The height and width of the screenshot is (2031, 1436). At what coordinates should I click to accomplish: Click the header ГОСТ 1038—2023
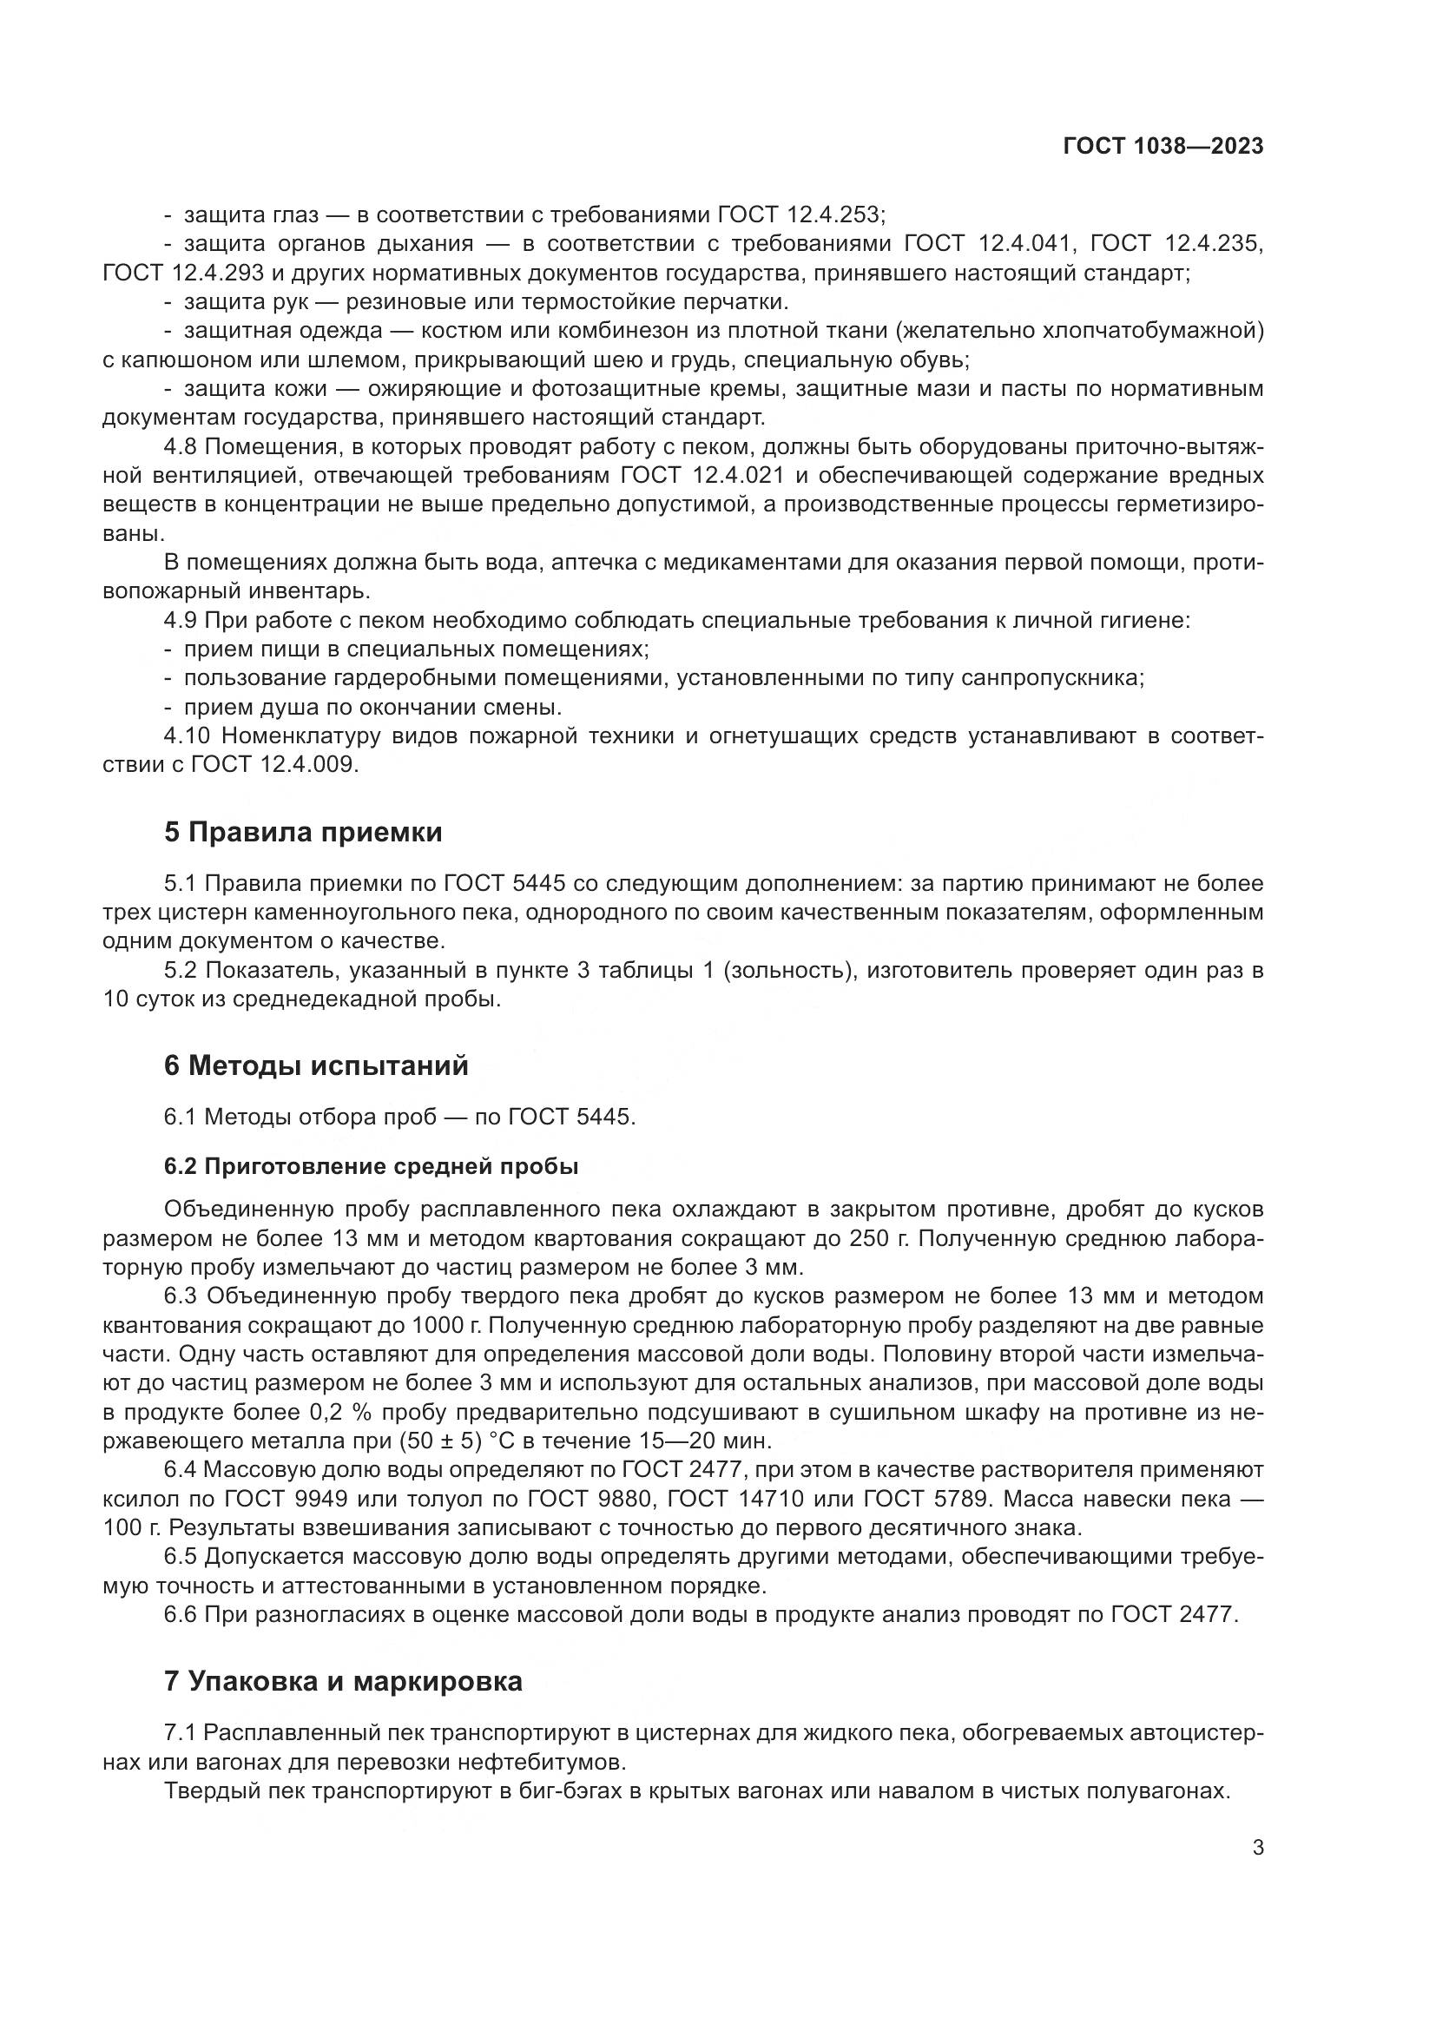pos(1163,146)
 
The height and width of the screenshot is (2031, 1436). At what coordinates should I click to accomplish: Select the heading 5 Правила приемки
pos(303,833)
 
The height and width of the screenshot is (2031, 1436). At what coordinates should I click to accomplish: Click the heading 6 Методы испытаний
pos(316,1066)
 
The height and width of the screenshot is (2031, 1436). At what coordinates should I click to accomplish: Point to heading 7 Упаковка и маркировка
pos(343,1682)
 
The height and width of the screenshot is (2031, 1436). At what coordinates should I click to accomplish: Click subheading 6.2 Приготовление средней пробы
pos(372,1166)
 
